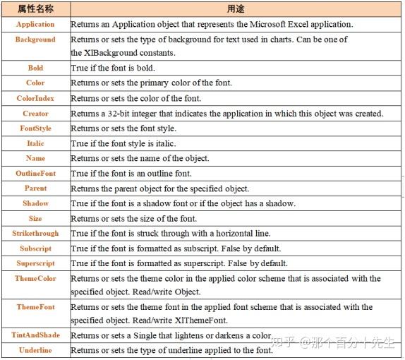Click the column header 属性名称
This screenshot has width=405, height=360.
(35, 9)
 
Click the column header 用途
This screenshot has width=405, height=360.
(236, 9)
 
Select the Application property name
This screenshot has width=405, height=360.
(35, 25)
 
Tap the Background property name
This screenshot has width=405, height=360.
(35, 40)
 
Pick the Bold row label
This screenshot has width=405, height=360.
(35, 68)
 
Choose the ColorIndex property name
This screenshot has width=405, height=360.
(35, 98)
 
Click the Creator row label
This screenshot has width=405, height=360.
(35, 113)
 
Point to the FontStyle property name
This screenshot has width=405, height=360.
(35, 128)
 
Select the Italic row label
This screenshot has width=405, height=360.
(35, 143)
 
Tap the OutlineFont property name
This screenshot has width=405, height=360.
(35, 173)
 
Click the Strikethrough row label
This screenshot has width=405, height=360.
(35, 233)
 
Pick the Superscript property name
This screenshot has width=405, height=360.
(35, 263)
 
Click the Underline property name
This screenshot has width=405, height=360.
(35, 349)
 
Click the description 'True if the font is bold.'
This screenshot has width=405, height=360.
(113, 68)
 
